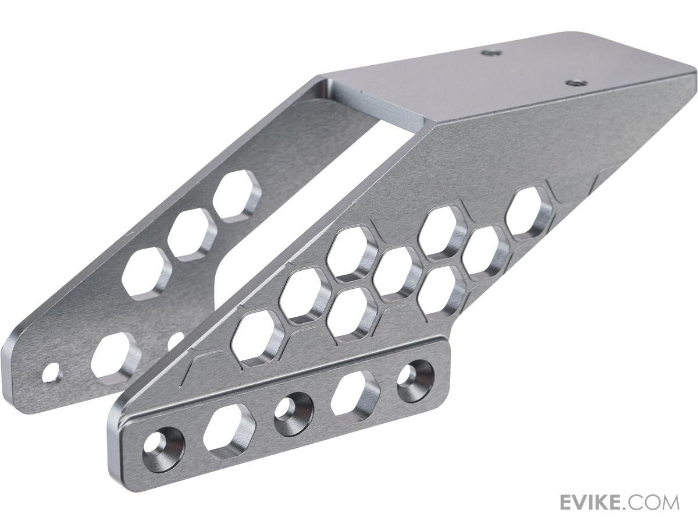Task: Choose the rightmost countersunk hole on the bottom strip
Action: [x=416, y=380]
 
